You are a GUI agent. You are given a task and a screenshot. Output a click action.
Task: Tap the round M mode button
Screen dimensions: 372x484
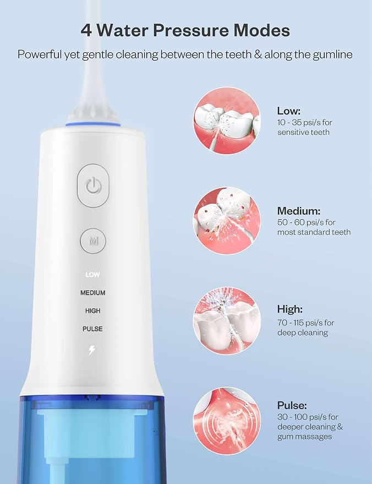93,241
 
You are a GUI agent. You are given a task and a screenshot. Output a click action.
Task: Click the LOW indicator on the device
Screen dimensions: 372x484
92,274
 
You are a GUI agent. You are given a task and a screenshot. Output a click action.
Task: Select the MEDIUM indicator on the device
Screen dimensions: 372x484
92,292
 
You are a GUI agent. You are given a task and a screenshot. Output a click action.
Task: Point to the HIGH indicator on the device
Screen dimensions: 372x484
92,311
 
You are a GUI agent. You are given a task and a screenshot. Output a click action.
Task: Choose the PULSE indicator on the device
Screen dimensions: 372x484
92,329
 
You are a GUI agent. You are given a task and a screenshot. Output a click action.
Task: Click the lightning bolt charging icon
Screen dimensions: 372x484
92,350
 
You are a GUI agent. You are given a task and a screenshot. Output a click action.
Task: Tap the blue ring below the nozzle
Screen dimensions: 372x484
92,124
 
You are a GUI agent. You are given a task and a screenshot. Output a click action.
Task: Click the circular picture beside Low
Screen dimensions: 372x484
227,121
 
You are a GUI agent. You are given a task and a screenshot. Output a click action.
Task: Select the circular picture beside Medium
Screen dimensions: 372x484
227,221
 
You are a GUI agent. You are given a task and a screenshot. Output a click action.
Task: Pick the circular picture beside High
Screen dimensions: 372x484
227,320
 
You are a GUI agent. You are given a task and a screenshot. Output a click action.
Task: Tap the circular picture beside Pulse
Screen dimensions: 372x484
227,421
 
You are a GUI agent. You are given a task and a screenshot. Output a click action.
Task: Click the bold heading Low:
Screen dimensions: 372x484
289,111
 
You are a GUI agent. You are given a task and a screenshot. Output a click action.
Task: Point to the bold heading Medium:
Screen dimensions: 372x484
299,211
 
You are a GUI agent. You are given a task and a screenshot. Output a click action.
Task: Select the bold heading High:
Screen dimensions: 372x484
290,309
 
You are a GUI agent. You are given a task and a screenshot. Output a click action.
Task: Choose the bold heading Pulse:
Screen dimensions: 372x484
292,405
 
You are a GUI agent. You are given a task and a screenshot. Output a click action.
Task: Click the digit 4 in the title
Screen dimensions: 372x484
86,30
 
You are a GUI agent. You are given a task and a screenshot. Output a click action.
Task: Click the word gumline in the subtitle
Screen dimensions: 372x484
332,55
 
